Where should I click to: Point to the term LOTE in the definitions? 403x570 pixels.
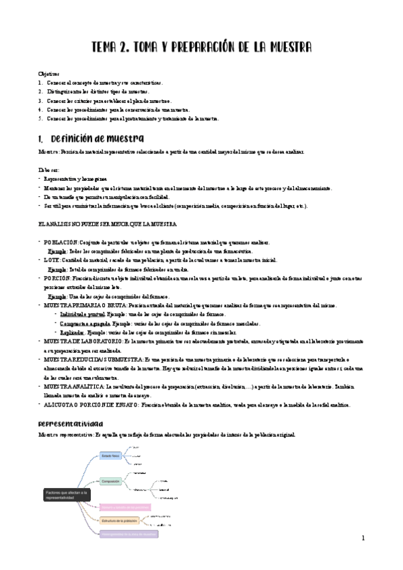[x=52, y=259]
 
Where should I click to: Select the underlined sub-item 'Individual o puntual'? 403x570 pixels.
[x=83, y=314]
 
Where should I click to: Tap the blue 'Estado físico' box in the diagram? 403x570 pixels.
[x=110, y=456]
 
